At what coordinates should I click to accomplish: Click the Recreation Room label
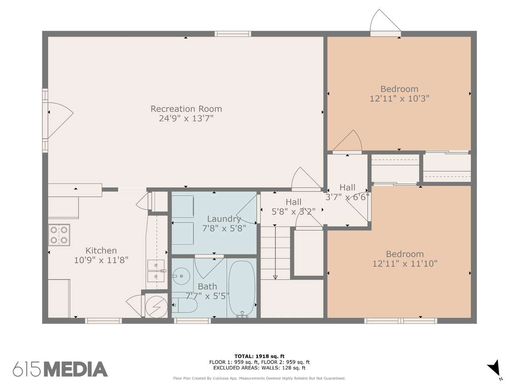pyautogui.click(x=186, y=109)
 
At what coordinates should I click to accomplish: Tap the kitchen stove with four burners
pyautogui.click(x=59, y=235)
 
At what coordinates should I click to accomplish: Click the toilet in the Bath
pyautogui.click(x=185, y=305)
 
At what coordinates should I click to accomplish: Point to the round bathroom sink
pyautogui.click(x=181, y=276)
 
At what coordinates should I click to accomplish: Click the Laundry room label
pyautogui.click(x=224, y=219)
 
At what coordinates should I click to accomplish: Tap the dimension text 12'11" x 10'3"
pyautogui.click(x=399, y=99)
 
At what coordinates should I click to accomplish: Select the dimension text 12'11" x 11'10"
pyautogui.click(x=404, y=264)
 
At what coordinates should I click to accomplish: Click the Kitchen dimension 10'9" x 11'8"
pyautogui.click(x=101, y=260)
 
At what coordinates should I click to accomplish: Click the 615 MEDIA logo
pyautogui.click(x=60, y=369)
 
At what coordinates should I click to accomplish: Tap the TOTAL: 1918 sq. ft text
pyautogui.click(x=259, y=356)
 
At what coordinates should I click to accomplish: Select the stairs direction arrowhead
pyautogui.click(x=275, y=277)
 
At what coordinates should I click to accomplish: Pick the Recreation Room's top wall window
pyautogui.click(x=233, y=34)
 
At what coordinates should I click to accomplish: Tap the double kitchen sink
pyautogui.click(x=156, y=271)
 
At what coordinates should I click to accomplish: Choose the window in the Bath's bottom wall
pyautogui.click(x=192, y=321)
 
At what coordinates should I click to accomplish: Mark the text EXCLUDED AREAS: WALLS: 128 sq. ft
pyautogui.click(x=259, y=368)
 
